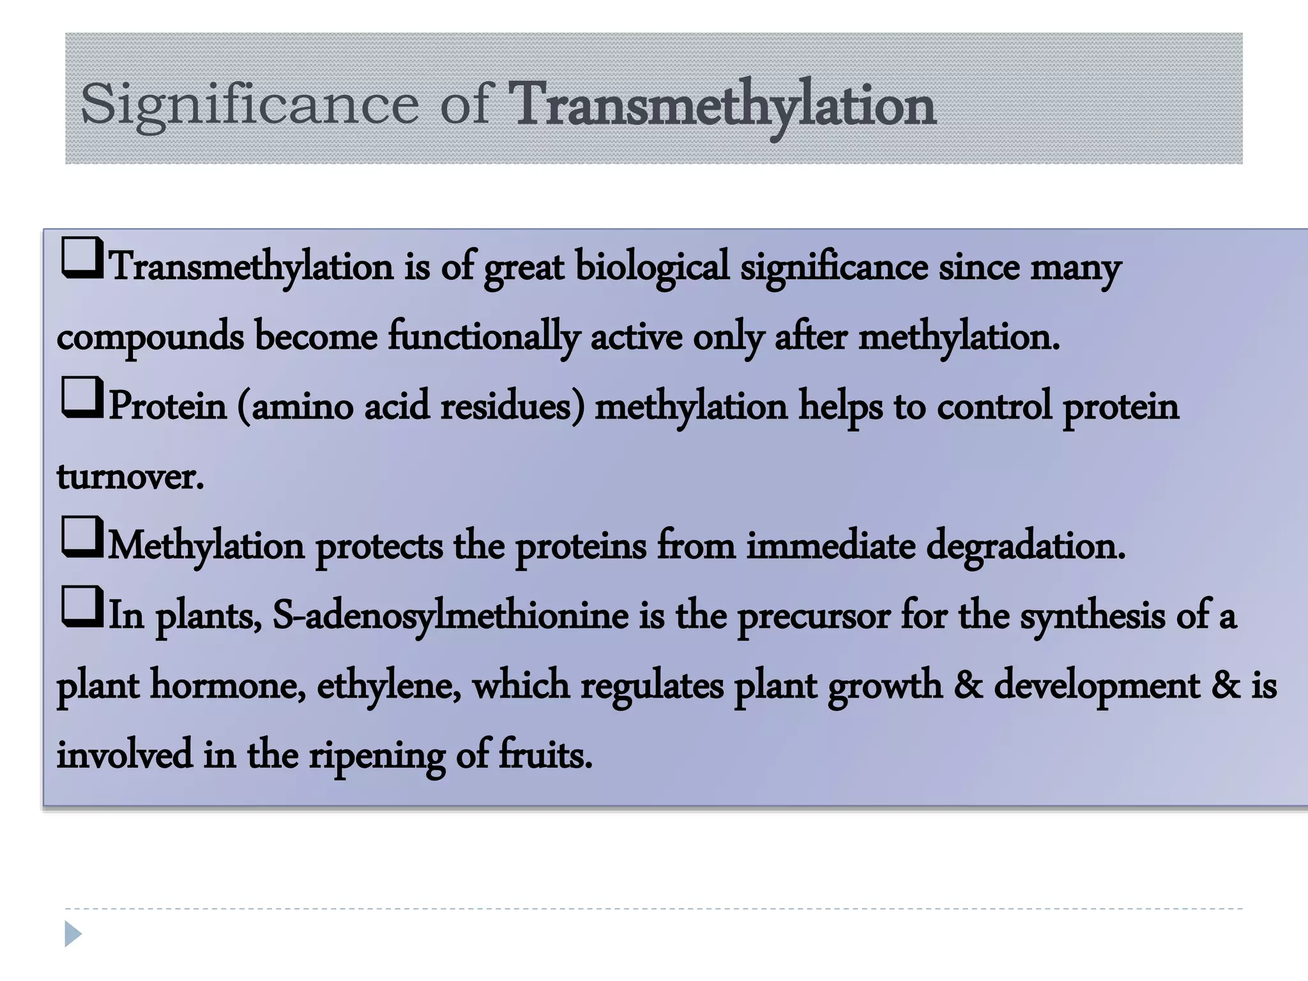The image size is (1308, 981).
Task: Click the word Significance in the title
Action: coord(250,104)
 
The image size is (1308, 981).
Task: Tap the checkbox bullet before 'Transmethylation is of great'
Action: coord(82,257)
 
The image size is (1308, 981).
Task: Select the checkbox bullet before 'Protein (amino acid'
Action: coord(82,397)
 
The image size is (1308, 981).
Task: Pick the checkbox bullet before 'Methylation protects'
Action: coord(82,537)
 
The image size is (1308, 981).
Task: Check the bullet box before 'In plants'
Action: coord(82,607)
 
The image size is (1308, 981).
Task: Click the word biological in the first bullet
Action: coord(652,267)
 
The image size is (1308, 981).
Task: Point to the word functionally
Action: coord(484,337)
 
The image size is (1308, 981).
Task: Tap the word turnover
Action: coord(130,476)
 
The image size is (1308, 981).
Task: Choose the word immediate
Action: coord(830,546)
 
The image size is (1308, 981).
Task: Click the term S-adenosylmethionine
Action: coord(450,616)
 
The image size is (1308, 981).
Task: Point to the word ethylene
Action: coord(389,686)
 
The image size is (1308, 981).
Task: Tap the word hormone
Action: coord(227,686)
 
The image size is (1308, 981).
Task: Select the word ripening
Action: coord(377,756)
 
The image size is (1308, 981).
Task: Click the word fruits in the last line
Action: coord(545,755)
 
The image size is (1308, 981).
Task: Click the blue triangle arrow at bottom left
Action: coord(73,934)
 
